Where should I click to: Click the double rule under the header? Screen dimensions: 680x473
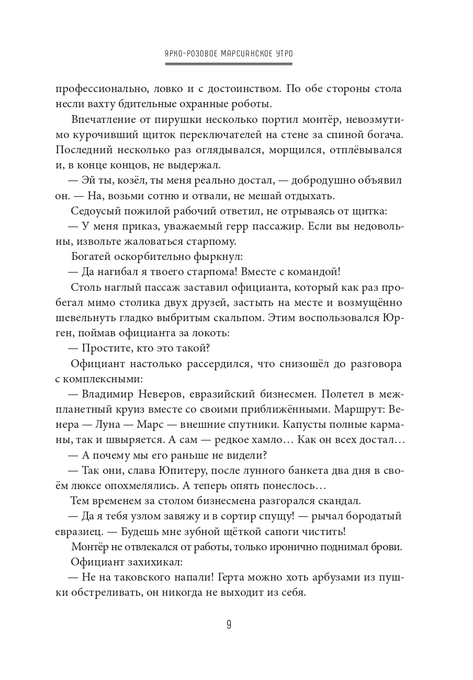[229, 64]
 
